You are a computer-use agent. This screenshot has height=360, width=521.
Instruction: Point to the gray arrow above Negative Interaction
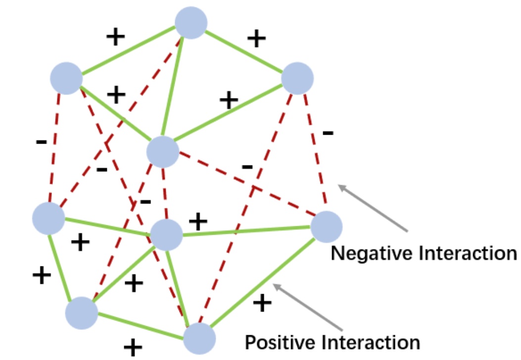[x=373, y=208]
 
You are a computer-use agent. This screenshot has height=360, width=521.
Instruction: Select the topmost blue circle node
[x=191, y=23]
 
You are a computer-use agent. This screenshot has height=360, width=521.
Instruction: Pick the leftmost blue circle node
[x=48, y=218]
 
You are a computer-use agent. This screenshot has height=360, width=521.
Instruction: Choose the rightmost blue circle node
[x=326, y=227]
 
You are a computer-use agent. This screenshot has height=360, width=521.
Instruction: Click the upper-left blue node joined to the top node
[x=66, y=78]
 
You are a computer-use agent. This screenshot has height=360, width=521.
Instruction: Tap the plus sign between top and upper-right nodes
[x=256, y=39]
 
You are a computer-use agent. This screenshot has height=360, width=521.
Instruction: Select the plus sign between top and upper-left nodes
[x=115, y=37]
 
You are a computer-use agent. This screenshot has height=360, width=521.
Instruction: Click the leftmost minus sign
[x=42, y=142]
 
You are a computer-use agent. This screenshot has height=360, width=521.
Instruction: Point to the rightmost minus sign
[x=328, y=133]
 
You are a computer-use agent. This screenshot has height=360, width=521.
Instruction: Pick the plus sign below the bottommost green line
[x=133, y=347]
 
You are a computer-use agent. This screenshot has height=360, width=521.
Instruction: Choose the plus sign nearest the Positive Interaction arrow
[x=262, y=303]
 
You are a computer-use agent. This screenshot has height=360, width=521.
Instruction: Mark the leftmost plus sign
[x=42, y=275]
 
